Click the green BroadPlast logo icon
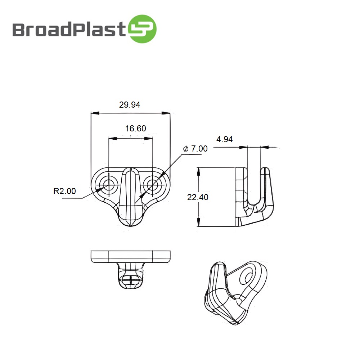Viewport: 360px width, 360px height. point(143,29)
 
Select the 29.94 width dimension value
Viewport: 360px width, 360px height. point(130,105)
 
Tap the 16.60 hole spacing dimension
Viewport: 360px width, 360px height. point(136,129)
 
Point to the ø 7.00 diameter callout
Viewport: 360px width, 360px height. point(195,149)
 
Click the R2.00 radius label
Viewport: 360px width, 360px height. point(65,191)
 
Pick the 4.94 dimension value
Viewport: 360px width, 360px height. point(224,139)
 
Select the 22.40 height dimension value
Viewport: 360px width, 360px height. point(198,197)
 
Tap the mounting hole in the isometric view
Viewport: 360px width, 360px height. point(248,276)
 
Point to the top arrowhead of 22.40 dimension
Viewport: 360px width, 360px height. point(198,171)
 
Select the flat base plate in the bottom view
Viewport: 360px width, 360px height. point(130,256)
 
